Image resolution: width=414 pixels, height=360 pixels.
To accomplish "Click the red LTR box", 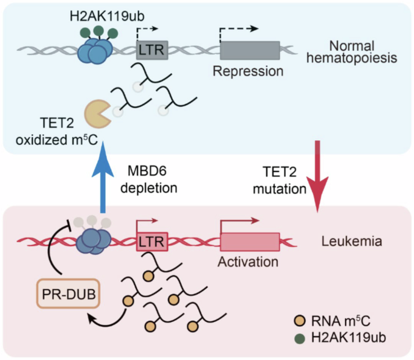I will point(151,242).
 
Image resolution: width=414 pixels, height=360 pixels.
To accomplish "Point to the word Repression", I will point(248,71).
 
